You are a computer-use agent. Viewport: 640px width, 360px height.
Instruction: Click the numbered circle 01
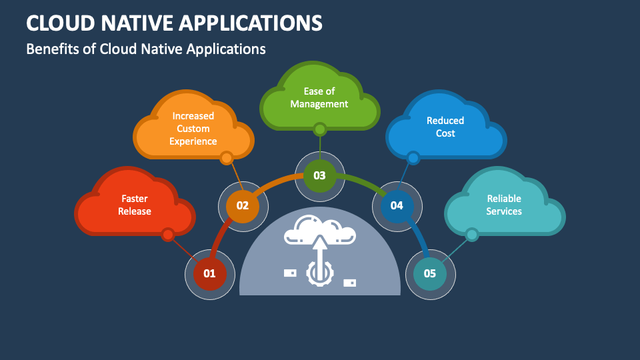209,273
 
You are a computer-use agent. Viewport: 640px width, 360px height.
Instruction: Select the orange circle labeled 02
242,206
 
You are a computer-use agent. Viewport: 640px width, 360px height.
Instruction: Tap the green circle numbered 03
319,175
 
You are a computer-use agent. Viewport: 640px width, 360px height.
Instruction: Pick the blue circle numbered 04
397,205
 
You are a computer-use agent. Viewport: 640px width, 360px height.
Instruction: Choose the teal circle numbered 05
430,273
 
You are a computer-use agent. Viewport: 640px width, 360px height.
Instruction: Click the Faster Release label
135,205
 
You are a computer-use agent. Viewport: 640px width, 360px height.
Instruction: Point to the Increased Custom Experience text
193,129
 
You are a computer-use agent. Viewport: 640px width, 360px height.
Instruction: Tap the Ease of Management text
319,97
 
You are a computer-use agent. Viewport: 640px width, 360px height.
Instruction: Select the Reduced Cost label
445,127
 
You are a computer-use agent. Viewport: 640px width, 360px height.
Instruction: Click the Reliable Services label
504,205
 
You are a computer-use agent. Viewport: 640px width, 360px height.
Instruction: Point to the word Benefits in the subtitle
53,49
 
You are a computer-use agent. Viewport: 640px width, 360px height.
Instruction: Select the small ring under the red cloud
168,234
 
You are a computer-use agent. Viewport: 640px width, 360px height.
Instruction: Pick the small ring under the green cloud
320,129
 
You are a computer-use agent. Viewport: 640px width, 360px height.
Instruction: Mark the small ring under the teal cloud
472,234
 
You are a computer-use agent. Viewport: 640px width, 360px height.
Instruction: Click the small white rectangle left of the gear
290,273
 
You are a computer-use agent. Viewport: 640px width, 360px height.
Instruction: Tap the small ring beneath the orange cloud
227,158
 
